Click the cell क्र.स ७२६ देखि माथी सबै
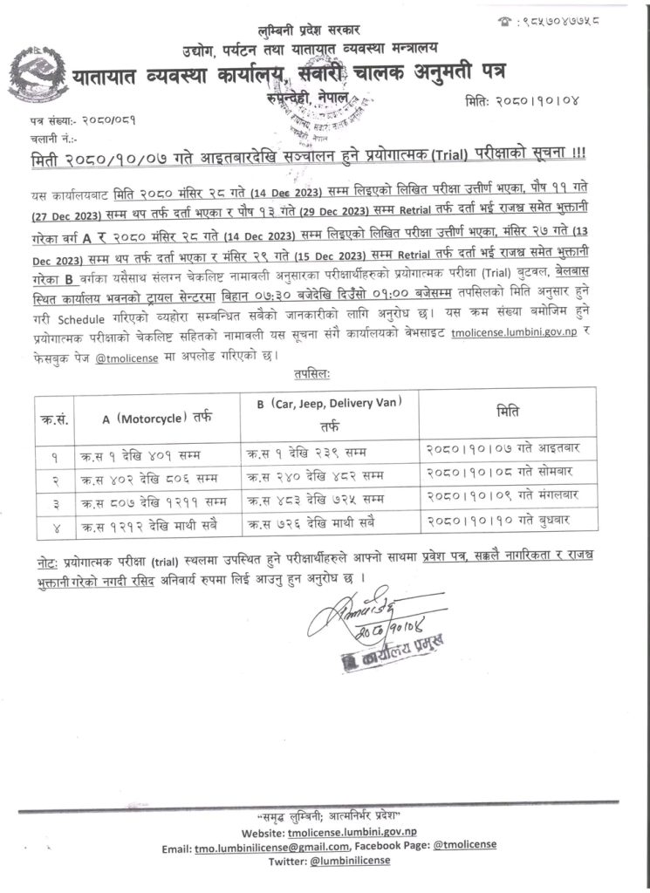click(x=322, y=526)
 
